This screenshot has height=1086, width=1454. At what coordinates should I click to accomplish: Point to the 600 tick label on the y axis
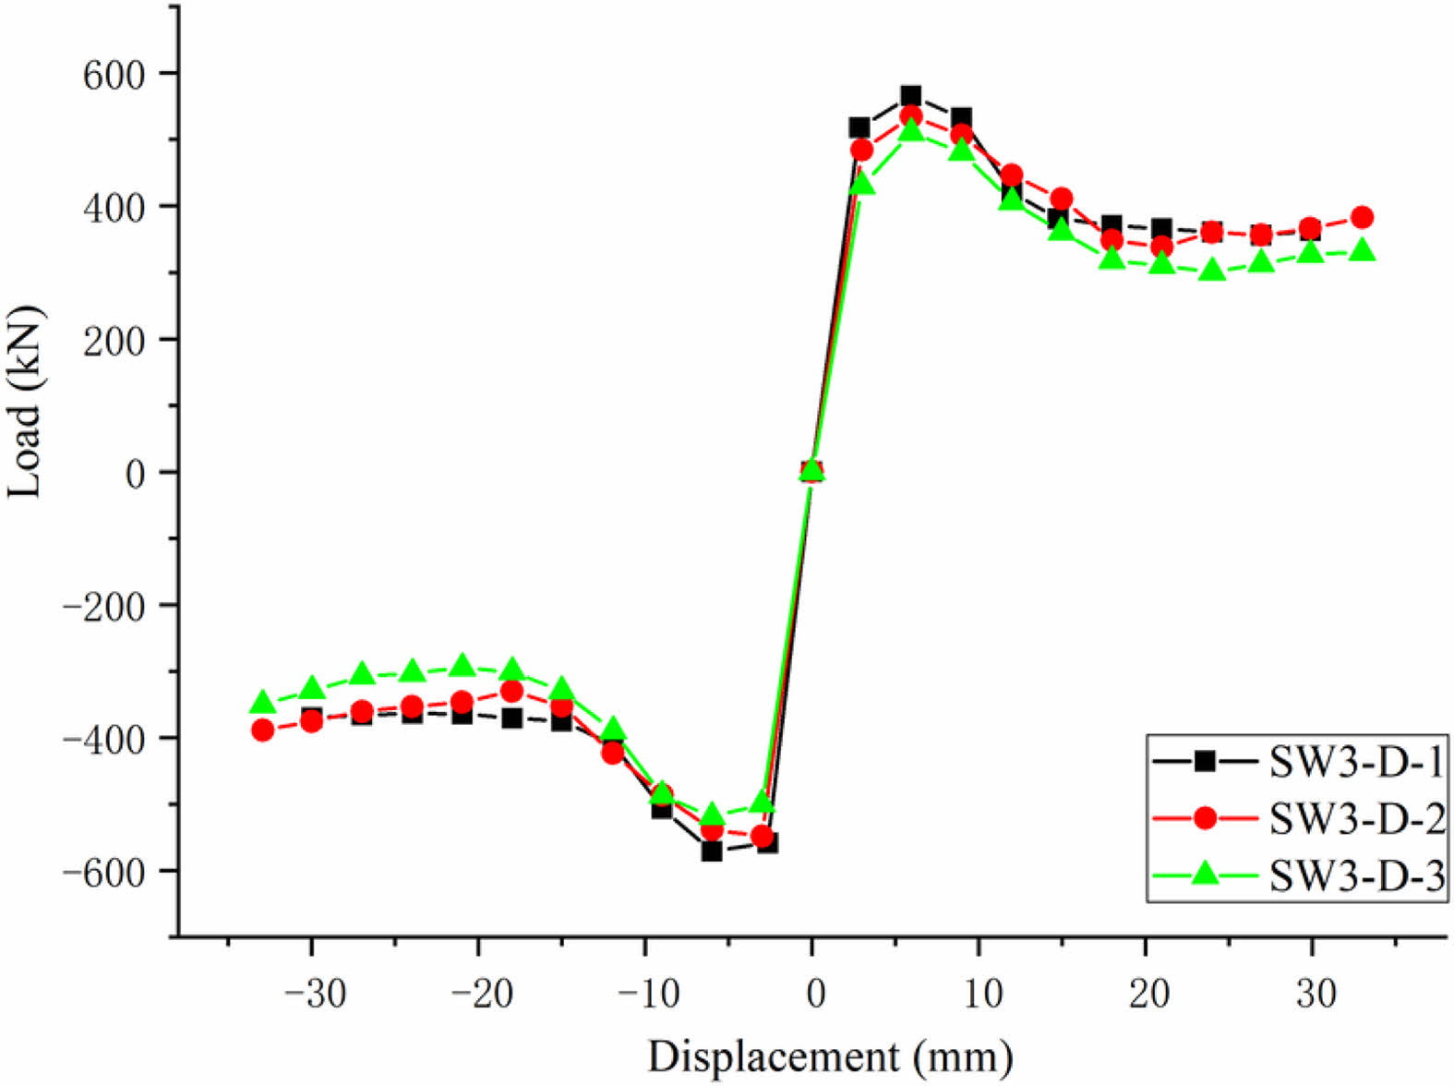114,74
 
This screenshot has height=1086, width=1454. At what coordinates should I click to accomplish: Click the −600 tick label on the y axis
102,872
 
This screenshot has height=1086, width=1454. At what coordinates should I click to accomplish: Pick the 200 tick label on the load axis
114,340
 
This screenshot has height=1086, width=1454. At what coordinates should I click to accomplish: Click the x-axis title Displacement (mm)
829,1056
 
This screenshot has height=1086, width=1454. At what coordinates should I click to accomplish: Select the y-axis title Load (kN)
26,403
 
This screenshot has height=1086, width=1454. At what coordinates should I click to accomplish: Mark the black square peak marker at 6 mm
911,96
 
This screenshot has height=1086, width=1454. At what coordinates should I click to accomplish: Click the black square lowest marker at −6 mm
711,851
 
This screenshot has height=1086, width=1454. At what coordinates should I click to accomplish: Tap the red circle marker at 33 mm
1362,218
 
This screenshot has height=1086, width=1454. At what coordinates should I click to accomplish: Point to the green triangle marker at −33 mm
262,703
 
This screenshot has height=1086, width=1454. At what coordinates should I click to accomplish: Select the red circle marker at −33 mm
263,730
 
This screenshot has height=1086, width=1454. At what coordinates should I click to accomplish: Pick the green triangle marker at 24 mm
1212,271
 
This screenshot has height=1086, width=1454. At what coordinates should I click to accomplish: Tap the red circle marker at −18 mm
512,692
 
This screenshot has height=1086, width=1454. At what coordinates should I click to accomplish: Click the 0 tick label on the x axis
813,995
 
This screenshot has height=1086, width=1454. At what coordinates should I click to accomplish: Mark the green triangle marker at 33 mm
1362,250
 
